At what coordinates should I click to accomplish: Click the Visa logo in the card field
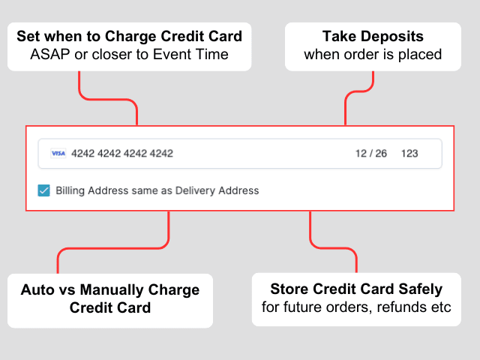tap(58, 153)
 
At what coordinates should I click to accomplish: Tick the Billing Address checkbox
tap(43, 190)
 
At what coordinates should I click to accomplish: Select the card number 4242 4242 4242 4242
tap(122, 153)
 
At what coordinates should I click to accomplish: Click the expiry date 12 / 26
tap(371, 153)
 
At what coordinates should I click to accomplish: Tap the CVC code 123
tap(409, 153)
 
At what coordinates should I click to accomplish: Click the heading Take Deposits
tap(373, 36)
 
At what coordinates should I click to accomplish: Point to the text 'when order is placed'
tap(373, 55)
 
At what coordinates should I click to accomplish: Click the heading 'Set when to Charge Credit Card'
tap(129, 36)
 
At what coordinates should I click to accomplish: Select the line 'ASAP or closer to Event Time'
tap(129, 55)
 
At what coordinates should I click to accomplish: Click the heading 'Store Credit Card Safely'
tap(356, 289)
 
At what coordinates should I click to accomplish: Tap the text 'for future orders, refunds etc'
tap(356, 307)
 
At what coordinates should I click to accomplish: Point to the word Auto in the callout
tap(37, 289)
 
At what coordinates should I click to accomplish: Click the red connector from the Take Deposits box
tap(359, 91)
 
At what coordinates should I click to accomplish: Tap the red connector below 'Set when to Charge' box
tap(108, 99)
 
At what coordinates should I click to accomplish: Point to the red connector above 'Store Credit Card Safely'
tap(333, 248)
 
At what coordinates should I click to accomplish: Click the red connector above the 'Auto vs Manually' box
tap(113, 248)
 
